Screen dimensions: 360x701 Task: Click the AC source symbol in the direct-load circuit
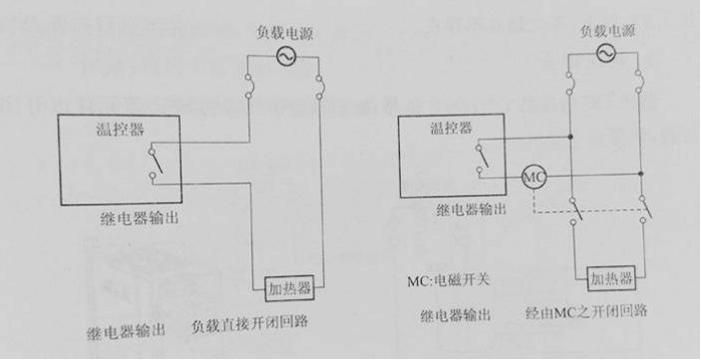(283, 56)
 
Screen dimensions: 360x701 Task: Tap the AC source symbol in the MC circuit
(603, 56)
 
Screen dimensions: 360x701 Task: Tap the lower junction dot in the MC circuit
(640, 174)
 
